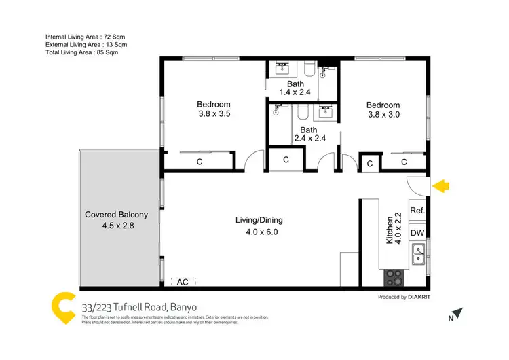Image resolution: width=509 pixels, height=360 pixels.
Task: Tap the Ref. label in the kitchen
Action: pos(417,211)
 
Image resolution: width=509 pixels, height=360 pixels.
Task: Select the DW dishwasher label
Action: pos(417,233)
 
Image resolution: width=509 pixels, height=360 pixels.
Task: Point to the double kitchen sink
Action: pos(418,256)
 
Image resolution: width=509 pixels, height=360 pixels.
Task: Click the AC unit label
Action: pos(182,281)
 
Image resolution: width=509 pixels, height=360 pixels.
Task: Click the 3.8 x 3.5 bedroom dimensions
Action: pos(214,114)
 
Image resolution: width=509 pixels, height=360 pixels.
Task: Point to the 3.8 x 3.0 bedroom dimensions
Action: pos(383,115)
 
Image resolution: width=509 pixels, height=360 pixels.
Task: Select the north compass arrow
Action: pos(459,313)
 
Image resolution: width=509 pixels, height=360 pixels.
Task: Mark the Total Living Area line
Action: pos(86,52)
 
